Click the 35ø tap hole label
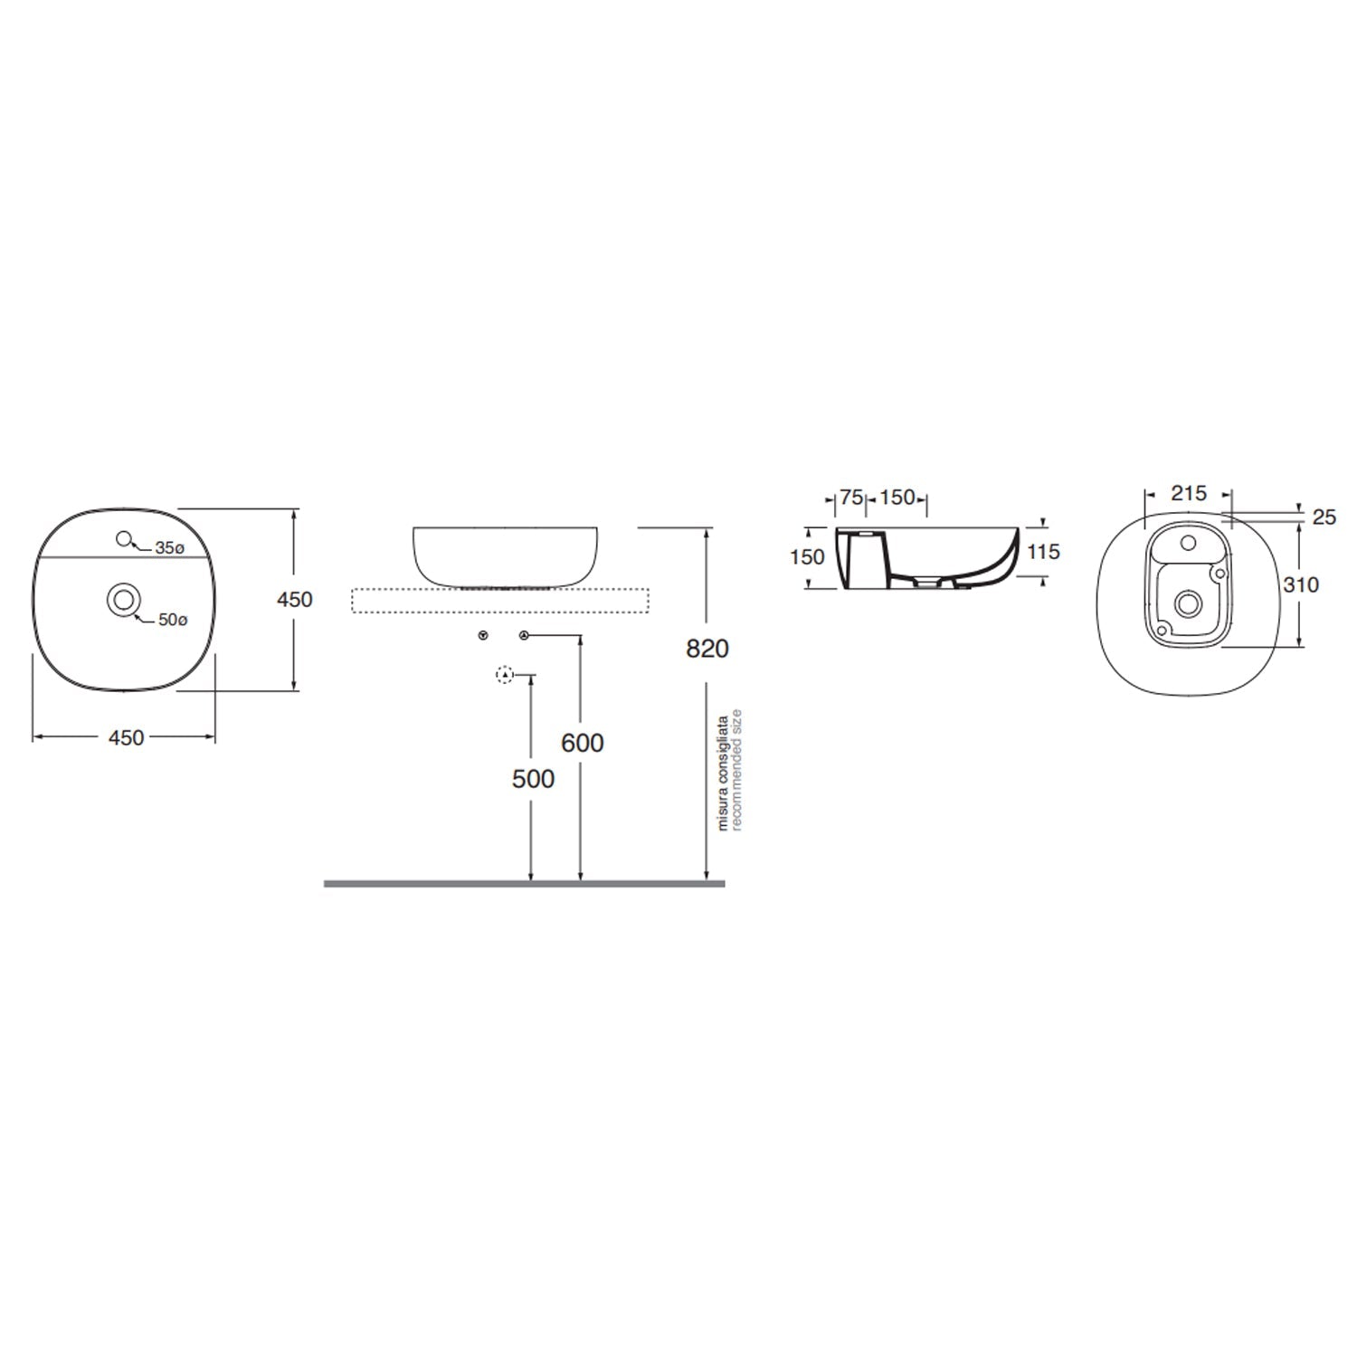pyautogui.click(x=169, y=548)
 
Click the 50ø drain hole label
pyautogui.click(x=173, y=621)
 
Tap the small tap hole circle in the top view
pyautogui.click(x=124, y=539)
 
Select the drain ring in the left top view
pyautogui.click(x=123, y=599)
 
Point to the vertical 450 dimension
pyautogui.click(x=295, y=599)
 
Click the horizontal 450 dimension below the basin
pyautogui.click(x=126, y=738)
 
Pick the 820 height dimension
pyautogui.click(x=707, y=649)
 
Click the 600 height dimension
pyautogui.click(x=582, y=743)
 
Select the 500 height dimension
pyautogui.click(x=533, y=778)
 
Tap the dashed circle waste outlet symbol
pyautogui.click(x=505, y=675)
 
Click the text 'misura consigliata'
pyautogui.click(x=723, y=773)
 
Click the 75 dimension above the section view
pyautogui.click(x=850, y=498)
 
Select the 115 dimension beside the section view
pyautogui.click(x=1043, y=552)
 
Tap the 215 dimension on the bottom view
pyautogui.click(x=1189, y=493)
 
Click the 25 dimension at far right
pyautogui.click(x=1324, y=517)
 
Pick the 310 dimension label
pyautogui.click(x=1301, y=584)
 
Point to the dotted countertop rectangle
pyautogui.click(x=500, y=600)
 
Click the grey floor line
pyautogui.click(x=525, y=883)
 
